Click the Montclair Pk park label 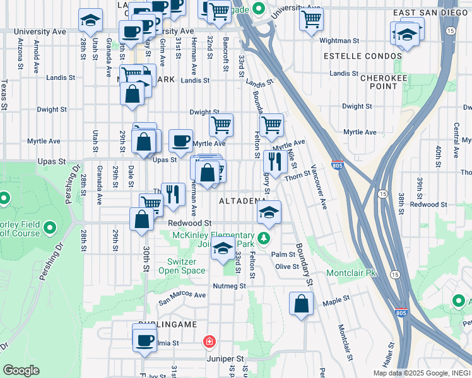pos(351,273)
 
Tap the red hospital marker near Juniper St pos(208,342)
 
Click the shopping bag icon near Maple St pos(302,304)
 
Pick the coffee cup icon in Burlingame pos(144,341)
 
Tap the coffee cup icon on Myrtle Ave pos(180,140)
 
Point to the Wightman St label pos(339,40)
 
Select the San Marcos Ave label pos(182,297)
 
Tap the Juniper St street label pos(225,358)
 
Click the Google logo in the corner pos(21,370)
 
